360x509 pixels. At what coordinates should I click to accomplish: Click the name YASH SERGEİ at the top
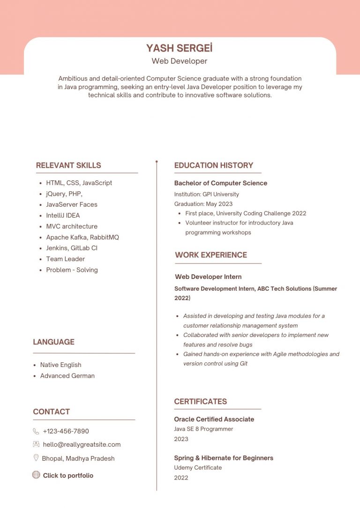click(x=180, y=48)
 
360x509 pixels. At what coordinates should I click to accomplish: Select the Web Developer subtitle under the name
click(x=180, y=61)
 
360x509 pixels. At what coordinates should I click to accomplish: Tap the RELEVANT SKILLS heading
click(x=68, y=165)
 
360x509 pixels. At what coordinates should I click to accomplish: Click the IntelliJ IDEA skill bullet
click(x=63, y=215)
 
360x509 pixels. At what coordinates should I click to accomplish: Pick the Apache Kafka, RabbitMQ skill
click(x=82, y=237)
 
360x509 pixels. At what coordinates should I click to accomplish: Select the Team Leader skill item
click(x=65, y=259)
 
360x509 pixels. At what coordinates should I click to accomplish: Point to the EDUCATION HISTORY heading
click(x=213, y=165)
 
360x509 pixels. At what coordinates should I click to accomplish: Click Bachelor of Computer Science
click(x=220, y=183)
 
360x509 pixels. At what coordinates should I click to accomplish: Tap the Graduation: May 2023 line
click(x=203, y=204)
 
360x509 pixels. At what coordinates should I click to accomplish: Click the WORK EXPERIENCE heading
click(x=211, y=255)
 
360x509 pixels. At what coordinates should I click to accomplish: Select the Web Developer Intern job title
click(x=208, y=277)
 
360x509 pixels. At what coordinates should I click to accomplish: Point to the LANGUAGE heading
click(x=53, y=342)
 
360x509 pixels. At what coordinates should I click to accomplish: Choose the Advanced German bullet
click(x=67, y=375)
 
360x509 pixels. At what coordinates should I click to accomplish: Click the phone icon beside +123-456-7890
click(x=36, y=431)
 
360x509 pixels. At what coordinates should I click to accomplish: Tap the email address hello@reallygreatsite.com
click(x=82, y=444)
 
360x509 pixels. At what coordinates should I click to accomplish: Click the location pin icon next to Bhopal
click(x=36, y=458)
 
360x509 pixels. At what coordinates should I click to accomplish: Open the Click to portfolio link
click(x=68, y=475)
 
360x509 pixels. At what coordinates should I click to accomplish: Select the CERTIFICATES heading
click(x=200, y=401)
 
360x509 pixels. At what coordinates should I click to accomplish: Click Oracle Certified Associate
click(x=214, y=419)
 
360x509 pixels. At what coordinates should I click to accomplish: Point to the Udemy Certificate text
click(x=198, y=467)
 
